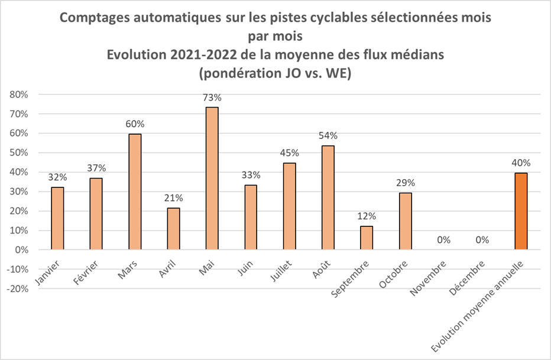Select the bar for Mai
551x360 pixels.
tap(212, 179)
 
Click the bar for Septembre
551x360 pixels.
tap(367, 238)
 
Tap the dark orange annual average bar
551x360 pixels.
tap(521, 211)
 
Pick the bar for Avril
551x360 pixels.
tap(173, 229)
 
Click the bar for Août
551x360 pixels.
tap(328, 197)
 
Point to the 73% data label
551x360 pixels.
tap(212, 97)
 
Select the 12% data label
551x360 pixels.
tap(367, 216)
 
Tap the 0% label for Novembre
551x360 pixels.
tap(443, 239)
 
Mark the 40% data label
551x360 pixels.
tap(521, 163)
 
